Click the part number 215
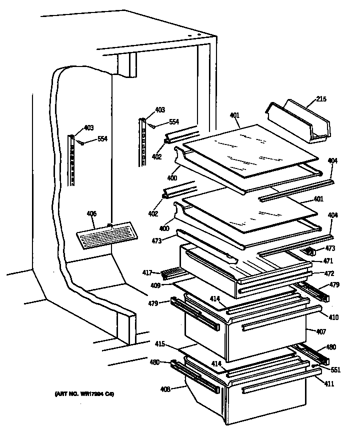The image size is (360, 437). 321,99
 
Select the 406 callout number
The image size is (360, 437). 91,214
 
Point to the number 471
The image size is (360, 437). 328,260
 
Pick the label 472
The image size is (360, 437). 328,273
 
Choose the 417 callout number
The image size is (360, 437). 147,272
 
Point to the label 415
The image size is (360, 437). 159,344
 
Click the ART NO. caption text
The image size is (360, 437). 84,394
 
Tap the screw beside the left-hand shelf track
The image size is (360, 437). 84,143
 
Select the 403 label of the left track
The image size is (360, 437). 88,128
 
